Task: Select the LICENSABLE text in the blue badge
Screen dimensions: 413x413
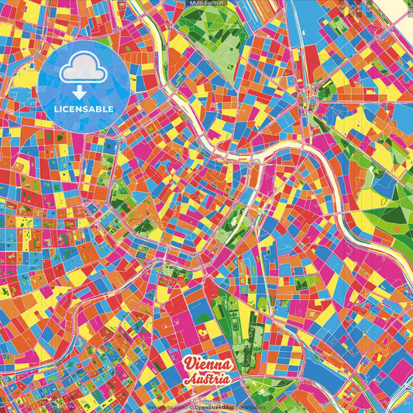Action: [x=84, y=108]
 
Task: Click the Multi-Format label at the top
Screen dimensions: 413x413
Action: [x=206, y=3]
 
